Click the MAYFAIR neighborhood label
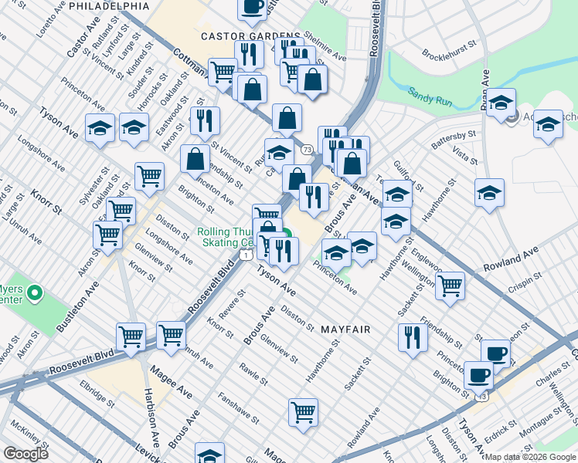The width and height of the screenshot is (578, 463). click(345, 330)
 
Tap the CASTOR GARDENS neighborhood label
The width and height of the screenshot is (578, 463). click(250, 36)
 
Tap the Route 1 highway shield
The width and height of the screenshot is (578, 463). click(245, 255)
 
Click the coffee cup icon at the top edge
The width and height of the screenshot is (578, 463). click(252, 8)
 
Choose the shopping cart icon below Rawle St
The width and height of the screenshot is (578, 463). click(303, 411)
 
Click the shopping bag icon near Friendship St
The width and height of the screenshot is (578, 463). click(195, 158)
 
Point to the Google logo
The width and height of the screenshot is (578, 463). click(25, 454)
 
